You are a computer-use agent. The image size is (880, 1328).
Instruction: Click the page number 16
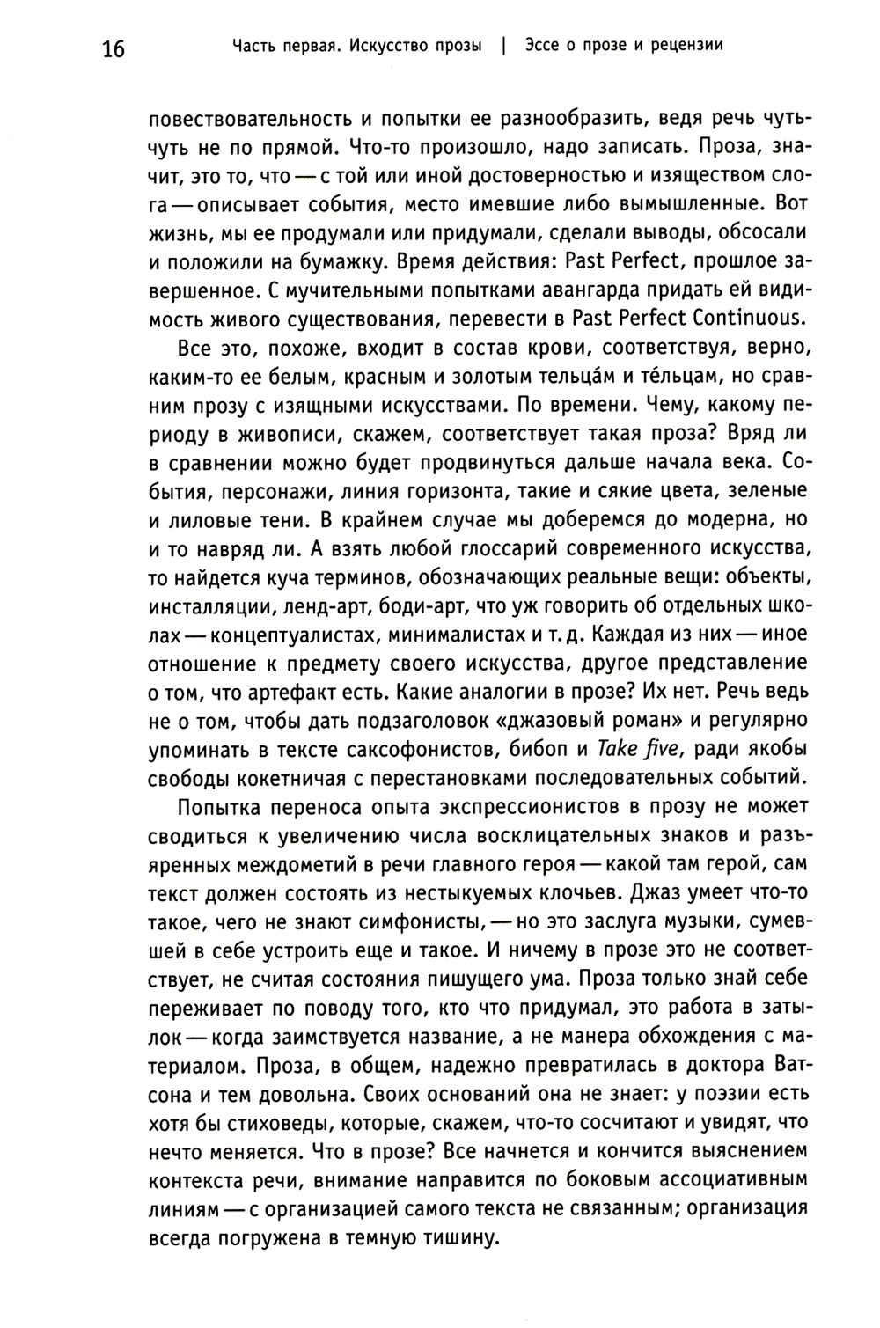[x=114, y=48]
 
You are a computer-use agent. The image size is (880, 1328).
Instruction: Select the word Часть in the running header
[x=252, y=45]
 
